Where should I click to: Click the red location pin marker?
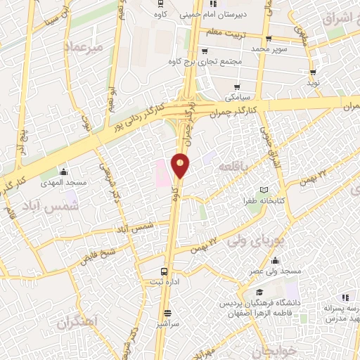pyautogui.click(x=181, y=165)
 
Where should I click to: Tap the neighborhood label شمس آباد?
pyautogui.click(x=58, y=209)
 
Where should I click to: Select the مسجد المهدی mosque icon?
pyautogui.click(x=64, y=172)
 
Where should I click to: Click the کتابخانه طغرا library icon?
pyautogui.click(x=264, y=190)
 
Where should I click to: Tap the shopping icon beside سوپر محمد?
pyautogui.click(x=268, y=39)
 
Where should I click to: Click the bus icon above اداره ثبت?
pyautogui.click(x=164, y=271)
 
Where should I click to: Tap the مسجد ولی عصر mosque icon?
pyautogui.click(x=255, y=257)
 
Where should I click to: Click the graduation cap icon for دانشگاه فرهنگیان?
pyautogui.click(x=259, y=292)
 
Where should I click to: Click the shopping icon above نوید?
pyautogui.click(x=312, y=71)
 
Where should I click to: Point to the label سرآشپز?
pyautogui.click(x=167, y=324)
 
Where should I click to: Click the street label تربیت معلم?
pyautogui.click(x=228, y=33)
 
